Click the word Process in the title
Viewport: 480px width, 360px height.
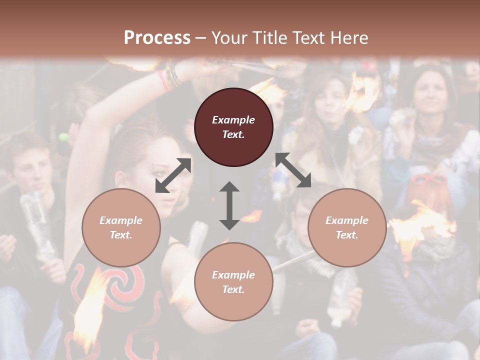157,38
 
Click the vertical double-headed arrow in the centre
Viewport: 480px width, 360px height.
229,205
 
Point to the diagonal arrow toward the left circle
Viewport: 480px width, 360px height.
173,175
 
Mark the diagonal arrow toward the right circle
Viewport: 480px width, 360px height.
293,170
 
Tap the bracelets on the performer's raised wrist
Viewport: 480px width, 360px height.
168,78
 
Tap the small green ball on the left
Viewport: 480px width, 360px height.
63,137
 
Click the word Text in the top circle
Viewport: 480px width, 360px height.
233,134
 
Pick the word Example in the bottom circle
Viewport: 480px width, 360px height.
233,275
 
